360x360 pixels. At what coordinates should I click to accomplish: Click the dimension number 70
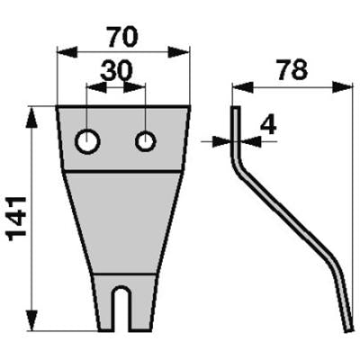123,37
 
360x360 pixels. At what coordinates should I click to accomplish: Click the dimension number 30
116,71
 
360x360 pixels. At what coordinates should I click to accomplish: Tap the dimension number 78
292,70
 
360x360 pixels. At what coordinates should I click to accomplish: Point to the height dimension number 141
16,219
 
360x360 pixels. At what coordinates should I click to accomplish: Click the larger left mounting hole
87,141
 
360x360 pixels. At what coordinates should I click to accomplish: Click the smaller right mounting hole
146,141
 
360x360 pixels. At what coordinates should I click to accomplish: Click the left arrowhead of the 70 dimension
67,52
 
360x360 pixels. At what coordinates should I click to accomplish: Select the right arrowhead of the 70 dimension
179,52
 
